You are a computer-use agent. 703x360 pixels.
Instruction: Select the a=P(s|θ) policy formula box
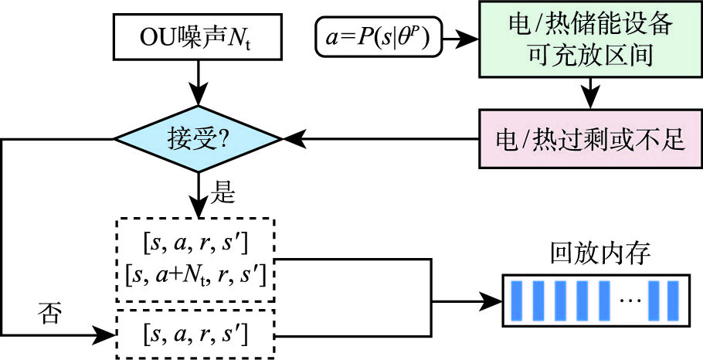pos(379,36)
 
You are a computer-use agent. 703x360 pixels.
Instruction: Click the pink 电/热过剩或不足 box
pos(591,139)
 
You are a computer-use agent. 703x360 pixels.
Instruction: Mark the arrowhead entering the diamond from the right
pos(292,140)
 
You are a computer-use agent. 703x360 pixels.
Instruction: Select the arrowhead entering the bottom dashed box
pos(107,335)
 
